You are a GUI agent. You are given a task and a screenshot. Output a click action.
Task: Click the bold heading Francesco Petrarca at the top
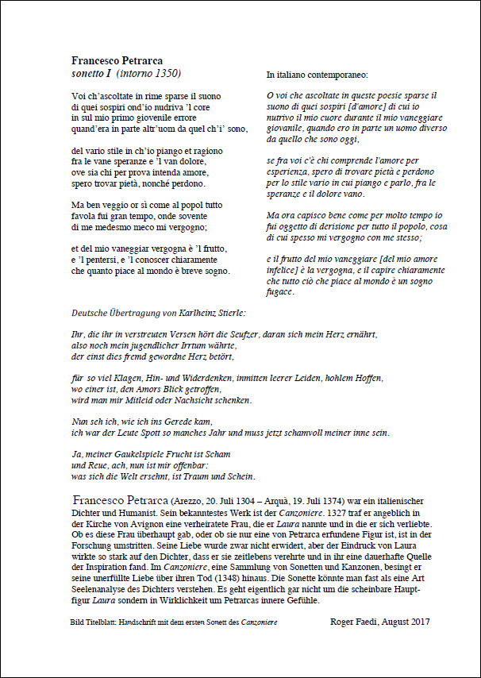tap(117, 60)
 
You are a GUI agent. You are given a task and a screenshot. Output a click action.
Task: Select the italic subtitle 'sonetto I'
tap(91, 74)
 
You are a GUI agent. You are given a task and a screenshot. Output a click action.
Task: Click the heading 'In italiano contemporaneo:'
tap(317, 75)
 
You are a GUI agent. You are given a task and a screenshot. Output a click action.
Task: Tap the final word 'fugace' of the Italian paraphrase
tap(281, 291)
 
